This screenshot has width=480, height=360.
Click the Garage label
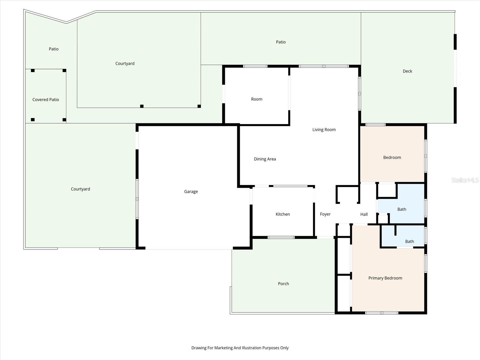191,192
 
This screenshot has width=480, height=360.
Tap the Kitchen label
283,214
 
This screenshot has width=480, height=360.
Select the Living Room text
324,130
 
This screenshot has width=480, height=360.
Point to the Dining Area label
265,159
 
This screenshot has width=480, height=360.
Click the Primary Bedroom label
385,278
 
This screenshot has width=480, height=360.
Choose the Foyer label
325,214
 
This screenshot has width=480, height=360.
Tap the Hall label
364,214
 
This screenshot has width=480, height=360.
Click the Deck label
407,71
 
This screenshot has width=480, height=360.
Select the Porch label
283,284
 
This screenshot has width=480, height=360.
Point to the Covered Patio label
46,100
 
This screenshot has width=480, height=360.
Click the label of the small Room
256,99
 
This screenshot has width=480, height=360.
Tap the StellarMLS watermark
465,180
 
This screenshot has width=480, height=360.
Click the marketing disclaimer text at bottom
240,348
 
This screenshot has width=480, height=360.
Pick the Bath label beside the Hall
402,209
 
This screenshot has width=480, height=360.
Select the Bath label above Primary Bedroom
409,241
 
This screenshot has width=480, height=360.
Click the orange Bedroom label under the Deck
392,157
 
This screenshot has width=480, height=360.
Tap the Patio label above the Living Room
281,42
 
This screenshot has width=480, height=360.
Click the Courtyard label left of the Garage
80,189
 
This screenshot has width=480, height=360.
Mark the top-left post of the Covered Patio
33,70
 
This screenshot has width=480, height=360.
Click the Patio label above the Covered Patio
54,49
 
